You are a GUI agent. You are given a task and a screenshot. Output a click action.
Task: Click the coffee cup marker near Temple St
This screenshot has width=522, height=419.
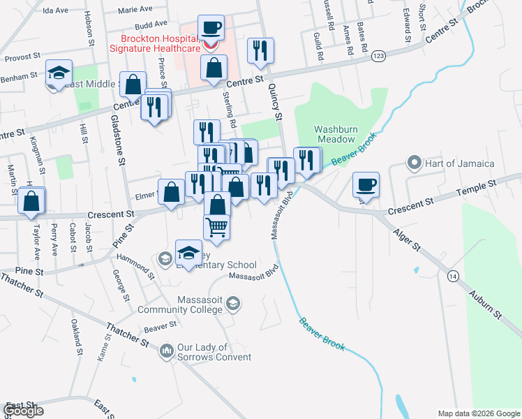(366, 185)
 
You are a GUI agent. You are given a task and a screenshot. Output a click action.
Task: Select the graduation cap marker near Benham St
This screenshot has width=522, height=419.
(59, 72)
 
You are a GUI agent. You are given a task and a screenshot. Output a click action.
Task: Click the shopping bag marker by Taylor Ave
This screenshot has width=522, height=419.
(31, 201)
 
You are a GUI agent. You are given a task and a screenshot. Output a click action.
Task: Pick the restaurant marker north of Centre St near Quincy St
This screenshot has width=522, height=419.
(260, 51)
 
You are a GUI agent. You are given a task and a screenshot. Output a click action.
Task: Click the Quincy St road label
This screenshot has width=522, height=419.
(274, 103)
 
